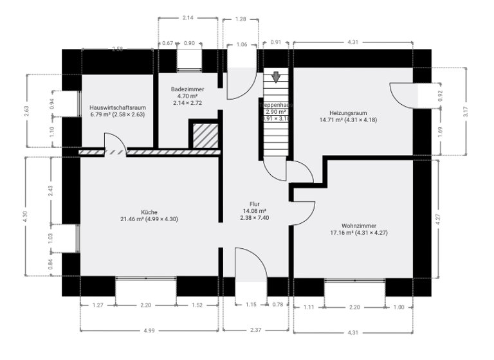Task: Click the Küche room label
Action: click(x=149, y=212)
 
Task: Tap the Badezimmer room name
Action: click(x=187, y=89)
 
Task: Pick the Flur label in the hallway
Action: click(x=255, y=204)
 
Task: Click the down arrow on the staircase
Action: click(x=276, y=78)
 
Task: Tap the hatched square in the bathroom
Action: click(x=203, y=135)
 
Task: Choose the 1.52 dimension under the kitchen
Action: click(x=197, y=305)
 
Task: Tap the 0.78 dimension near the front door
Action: click(x=279, y=305)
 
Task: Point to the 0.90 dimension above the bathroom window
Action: click(x=189, y=43)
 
